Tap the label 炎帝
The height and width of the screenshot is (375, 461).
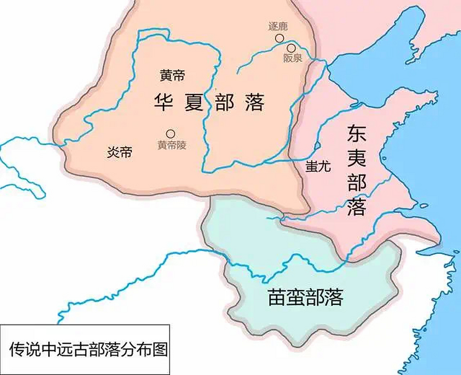(x=119, y=152)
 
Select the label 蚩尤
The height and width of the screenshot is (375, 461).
(x=318, y=166)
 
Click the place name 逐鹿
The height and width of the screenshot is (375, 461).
(x=278, y=26)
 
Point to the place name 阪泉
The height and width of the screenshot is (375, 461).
(x=292, y=58)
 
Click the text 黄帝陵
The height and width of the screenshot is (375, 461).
(x=172, y=145)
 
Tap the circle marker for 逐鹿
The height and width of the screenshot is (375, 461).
(x=280, y=38)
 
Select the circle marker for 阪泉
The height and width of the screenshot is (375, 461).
(x=291, y=48)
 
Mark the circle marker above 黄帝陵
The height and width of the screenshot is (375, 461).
(x=170, y=134)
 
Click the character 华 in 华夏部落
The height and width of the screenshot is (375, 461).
(x=163, y=102)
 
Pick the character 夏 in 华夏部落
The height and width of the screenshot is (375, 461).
(x=194, y=102)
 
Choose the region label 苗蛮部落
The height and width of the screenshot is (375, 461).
(x=306, y=297)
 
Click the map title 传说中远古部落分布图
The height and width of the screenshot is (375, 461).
(x=88, y=349)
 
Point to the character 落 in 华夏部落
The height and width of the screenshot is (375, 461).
(x=255, y=102)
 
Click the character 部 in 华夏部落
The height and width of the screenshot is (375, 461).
(x=224, y=102)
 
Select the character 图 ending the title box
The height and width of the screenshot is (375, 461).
(x=160, y=349)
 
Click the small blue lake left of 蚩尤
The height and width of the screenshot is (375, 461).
(x=316, y=146)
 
